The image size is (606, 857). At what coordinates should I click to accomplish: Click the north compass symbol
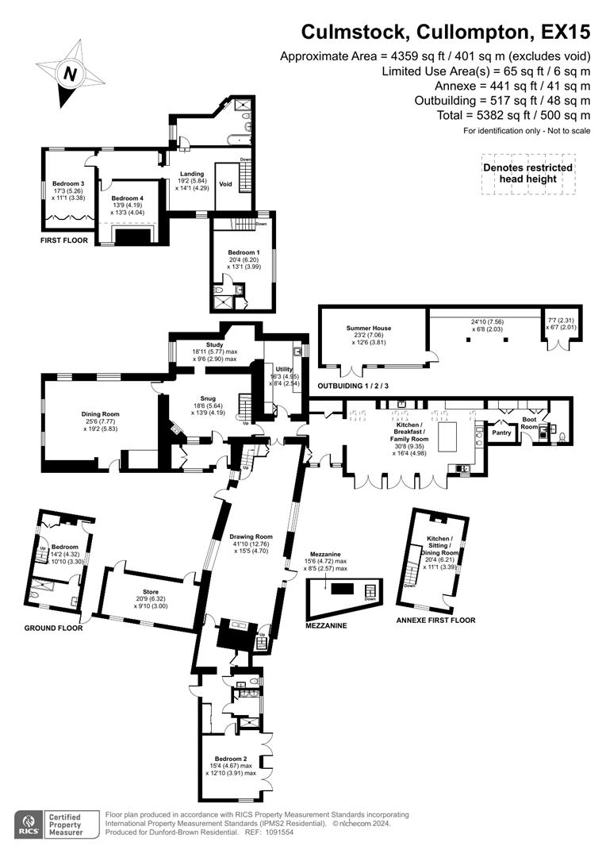point(71,74)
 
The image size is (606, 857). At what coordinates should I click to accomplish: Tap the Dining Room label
point(99,413)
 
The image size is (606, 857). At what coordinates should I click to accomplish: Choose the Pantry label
point(501,432)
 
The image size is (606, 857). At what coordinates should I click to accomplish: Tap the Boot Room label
point(530,423)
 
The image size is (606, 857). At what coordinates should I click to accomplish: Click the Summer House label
point(369,328)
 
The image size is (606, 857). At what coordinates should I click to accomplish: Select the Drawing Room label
point(251,537)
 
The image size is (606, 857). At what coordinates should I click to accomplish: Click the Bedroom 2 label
point(230,759)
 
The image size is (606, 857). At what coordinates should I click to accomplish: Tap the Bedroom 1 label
point(242,252)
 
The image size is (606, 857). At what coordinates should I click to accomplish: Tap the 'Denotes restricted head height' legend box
point(527,173)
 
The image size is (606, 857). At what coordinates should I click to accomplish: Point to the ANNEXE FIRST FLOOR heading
point(435,620)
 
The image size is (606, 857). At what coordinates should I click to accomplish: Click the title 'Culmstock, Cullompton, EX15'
point(445,33)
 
